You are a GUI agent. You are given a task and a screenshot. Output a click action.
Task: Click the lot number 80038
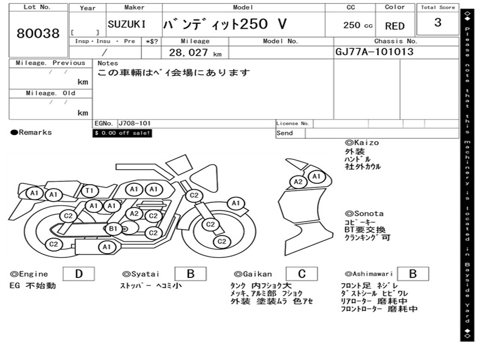(x=38, y=33)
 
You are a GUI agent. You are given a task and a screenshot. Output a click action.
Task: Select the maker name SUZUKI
(x=127, y=24)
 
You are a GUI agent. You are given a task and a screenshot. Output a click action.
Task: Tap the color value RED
(x=395, y=26)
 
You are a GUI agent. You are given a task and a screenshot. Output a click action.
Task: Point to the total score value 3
(x=438, y=22)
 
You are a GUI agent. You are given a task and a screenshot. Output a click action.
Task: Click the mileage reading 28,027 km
(x=195, y=52)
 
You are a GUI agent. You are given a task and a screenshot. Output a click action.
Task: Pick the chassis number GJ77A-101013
(x=375, y=52)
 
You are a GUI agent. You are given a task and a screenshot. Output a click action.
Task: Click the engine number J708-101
(x=135, y=123)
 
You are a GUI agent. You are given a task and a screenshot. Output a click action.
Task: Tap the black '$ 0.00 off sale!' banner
(x=122, y=133)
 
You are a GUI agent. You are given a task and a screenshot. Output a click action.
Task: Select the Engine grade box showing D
(x=79, y=274)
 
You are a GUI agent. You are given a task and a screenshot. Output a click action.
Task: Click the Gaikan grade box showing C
(x=301, y=274)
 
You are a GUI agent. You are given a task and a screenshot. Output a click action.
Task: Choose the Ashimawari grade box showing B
(x=413, y=274)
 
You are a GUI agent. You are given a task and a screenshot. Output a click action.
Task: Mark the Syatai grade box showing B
(x=190, y=274)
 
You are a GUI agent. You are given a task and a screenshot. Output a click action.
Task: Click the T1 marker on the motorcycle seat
(x=90, y=191)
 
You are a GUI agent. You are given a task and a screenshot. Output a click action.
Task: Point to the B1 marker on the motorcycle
(x=113, y=229)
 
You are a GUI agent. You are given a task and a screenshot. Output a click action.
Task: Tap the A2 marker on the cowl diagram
(x=298, y=182)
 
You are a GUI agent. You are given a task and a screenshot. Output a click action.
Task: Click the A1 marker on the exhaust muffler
(x=106, y=247)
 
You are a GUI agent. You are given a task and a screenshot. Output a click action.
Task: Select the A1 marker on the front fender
(x=236, y=203)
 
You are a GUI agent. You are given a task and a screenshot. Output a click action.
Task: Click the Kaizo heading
(x=362, y=142)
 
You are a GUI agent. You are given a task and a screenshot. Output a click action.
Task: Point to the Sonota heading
(x=364, y=214)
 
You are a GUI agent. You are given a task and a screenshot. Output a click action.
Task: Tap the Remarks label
(x=31, y=133)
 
